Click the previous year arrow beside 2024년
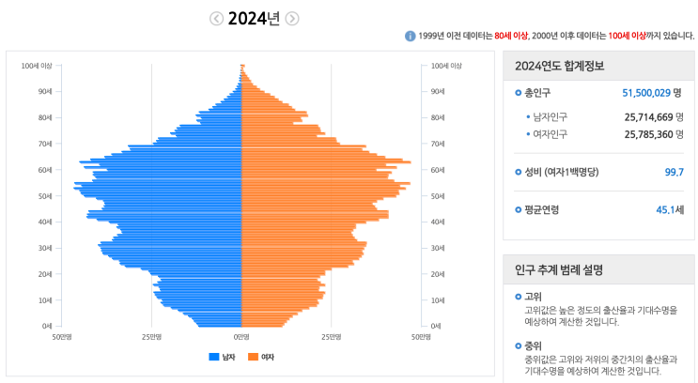tap(217, 19)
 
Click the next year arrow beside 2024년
tap(292, 19)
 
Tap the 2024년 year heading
tap(255, 19)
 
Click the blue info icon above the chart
tap(410, 36)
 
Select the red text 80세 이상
tap(511, 36)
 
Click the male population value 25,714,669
tap(647, 116)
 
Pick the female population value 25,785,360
tap(647, 134)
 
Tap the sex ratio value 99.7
tap(674, 172)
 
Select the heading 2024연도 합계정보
tap(559, 67)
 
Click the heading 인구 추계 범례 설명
tap(559, 269)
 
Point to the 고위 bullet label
tap(533, 297)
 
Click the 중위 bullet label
tap(533, 345)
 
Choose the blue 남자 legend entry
tap(223, 358)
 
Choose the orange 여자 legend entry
tap(262, 358)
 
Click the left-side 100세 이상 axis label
tap(37, 66)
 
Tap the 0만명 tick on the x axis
tap(241, 336)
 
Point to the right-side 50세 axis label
tap(438, 196)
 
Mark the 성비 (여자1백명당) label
tap(561, 172)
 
